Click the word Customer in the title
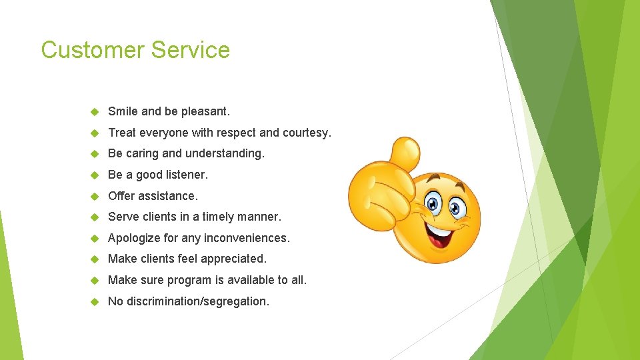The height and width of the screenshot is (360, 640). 93,50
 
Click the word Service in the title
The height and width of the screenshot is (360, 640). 191,50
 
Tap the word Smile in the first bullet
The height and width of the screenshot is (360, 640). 123,111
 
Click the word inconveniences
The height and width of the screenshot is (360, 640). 247,238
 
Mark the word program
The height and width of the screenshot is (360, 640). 191,280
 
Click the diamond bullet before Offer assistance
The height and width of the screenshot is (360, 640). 94,196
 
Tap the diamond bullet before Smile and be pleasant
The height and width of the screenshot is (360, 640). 94,111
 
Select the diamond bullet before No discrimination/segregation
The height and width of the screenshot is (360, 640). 94,301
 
